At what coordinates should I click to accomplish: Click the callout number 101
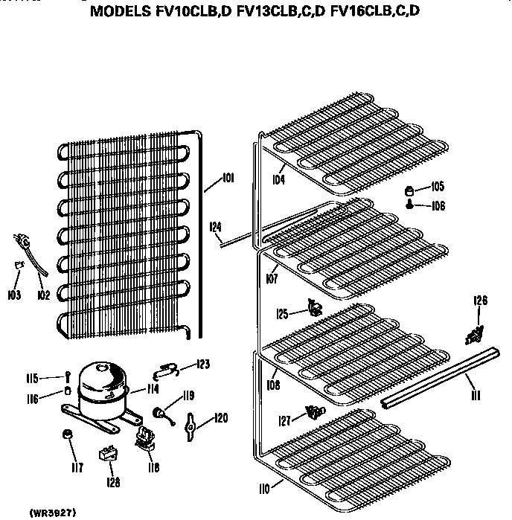[x=228, y=179]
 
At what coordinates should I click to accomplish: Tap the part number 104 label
[x=278, y=180]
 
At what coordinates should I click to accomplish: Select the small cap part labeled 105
[x=410, y=189]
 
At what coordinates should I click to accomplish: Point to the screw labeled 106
[x=410, y=205]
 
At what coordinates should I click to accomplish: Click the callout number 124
[x=216, y=227]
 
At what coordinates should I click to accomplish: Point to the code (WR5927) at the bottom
[x=54, y=513]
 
